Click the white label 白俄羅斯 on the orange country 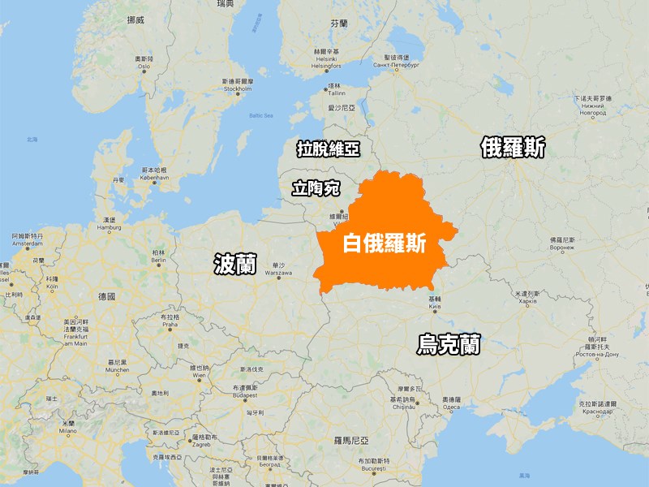[x=385, y=243]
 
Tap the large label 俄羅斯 [x=512, y=148]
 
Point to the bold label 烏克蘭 [x=448, y=344]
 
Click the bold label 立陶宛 [x=316, y=189]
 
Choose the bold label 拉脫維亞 [x=328, y=149]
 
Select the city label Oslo [x=145, y=67]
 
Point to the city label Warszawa [x=278, y=273]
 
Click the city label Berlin [x=157, y=260]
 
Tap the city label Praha [x=170, y=324]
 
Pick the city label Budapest [x=244, y=395]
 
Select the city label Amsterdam [x=27, y=243]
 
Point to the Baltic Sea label [x=261, y=115]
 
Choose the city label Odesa [x=452, y=407]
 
